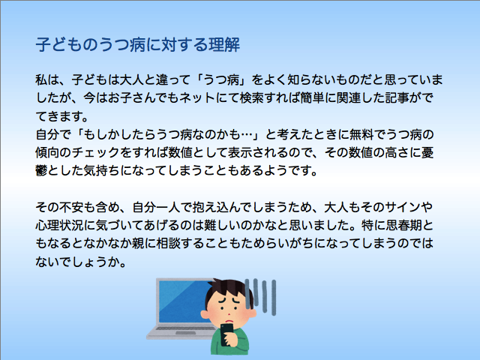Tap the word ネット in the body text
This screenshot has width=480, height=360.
(197, 98)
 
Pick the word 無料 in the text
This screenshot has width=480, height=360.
(360, 134)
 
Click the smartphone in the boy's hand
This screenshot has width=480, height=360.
(226, 334)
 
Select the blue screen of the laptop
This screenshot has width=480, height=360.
(181, 301)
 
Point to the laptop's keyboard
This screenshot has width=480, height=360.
(184, 329)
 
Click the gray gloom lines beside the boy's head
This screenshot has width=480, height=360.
(260, 296)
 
